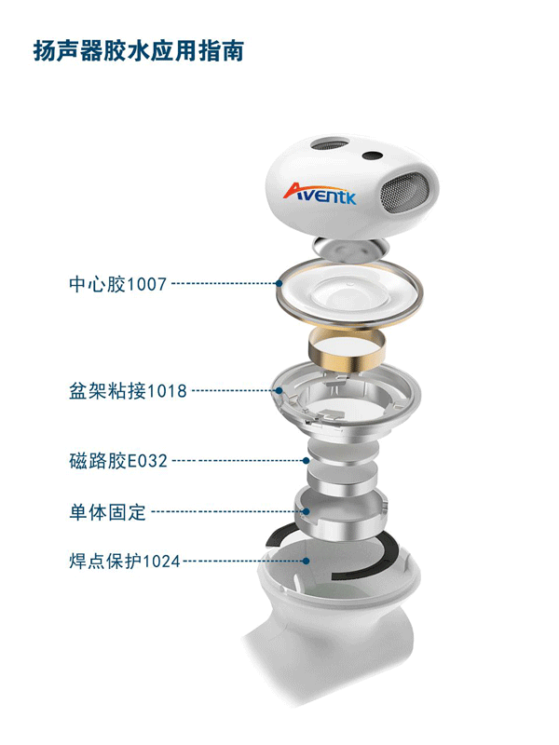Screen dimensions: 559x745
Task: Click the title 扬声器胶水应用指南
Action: (x=138, y=51)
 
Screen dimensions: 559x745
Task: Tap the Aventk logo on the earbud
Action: (x=320, y=194)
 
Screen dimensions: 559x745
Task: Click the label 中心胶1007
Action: (x=118, y=284)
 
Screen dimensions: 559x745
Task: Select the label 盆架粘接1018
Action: (x=128, y=391)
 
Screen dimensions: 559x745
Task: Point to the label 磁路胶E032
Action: (x=118, y=461)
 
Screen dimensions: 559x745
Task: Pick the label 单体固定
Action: (x=107, y=512)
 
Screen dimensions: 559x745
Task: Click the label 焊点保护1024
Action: (x=125, y=562)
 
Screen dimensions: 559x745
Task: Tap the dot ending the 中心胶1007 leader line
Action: (x=279, y=284)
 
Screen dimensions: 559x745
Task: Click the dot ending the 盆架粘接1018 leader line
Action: (x=279, y=391)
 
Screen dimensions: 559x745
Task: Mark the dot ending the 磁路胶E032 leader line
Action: (x=307, y=460)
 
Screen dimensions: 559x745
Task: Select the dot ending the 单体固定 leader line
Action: (x=307, y=511)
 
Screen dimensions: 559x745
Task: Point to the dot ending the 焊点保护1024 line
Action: (x=307, y=562)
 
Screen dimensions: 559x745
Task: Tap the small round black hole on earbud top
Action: (x=372, y=156)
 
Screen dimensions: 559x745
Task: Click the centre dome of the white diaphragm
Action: (x=348, y=293)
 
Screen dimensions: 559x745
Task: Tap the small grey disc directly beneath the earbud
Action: (x=350, y=249)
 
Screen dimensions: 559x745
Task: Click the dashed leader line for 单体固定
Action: (x=226, y=511)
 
